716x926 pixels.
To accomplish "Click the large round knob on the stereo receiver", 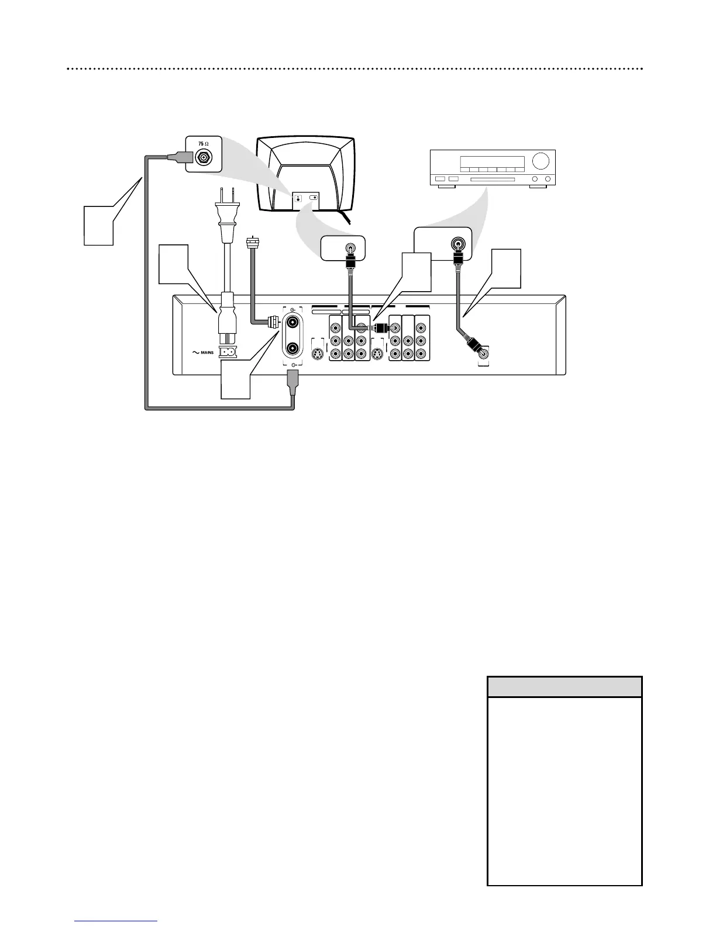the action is point(542,160).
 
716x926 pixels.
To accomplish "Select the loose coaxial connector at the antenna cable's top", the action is point(253,241).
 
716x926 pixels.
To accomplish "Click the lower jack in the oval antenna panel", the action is point(292,349).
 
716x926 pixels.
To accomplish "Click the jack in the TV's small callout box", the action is point(350,248).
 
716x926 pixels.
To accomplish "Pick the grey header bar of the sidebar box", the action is point(564,686).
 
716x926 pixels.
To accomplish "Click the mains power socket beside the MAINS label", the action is point(226,353).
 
